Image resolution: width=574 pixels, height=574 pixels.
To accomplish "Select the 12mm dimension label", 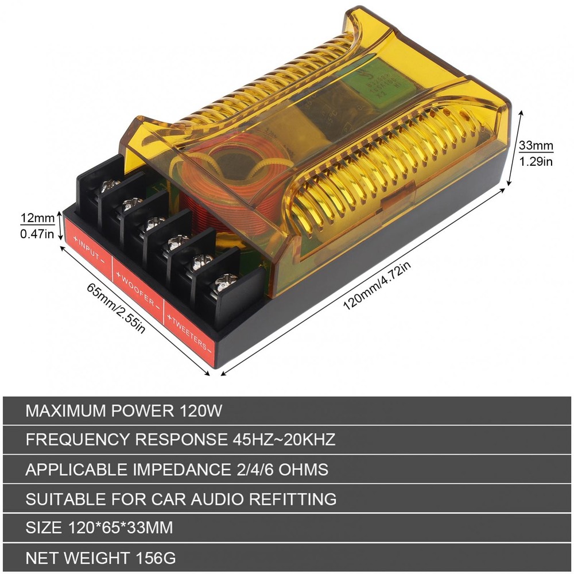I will [x=37, y=218].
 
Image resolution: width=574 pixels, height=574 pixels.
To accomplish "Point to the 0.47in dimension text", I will [x=37, y=234].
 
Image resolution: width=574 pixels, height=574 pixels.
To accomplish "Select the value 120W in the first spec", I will [x=200, y=411].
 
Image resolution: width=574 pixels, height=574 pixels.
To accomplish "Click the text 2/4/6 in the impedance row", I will [x=253, y=470].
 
